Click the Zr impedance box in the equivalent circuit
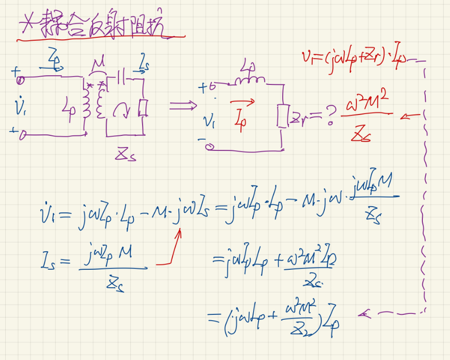tap(281, 115)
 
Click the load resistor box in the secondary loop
tap(143, 108)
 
